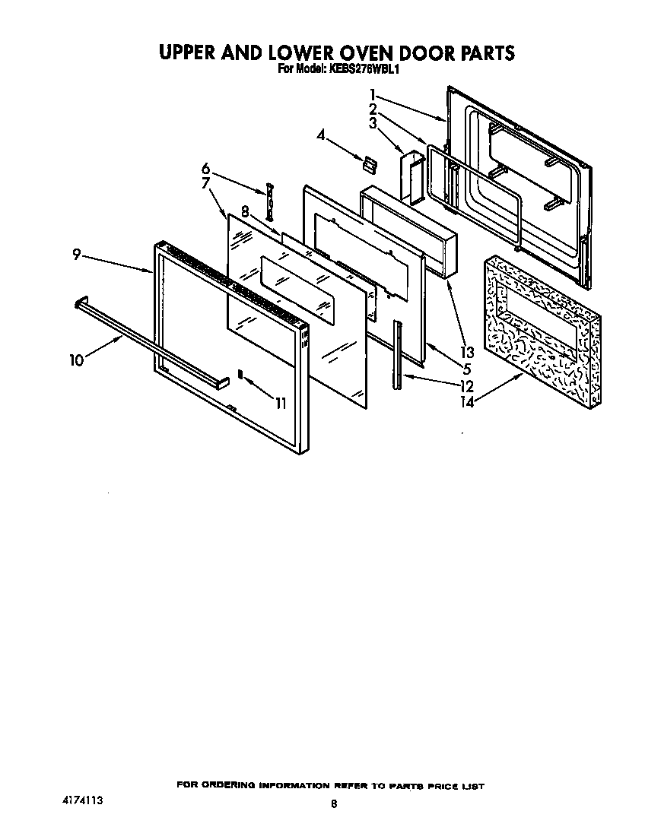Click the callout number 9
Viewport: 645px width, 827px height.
[77, 255]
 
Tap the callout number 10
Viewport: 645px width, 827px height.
[76, 360]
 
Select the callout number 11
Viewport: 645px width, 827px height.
[281, 403]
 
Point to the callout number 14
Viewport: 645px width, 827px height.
[466, 402]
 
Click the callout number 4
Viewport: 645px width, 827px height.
[321, 135]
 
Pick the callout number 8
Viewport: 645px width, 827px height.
[246, 211]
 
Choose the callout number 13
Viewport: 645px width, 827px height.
[466, 352]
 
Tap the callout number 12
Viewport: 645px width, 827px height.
[466, 386]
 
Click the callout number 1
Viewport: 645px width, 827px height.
[373, 94]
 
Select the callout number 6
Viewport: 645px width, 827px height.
[205, 168]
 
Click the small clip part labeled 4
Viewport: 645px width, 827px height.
[370, 162]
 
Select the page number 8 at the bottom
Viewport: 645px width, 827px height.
[333, 803]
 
